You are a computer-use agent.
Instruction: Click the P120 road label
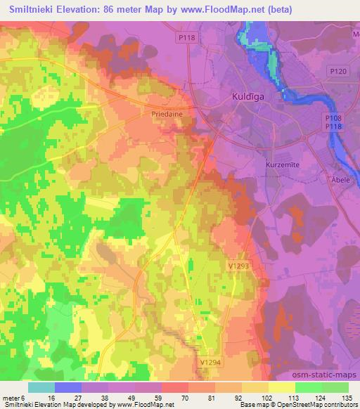pyautogui.click(x=338, y=71)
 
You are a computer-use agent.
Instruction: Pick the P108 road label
pyautogui.click(x=335, y=118)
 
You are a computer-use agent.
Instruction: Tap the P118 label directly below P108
pyautogui.click(x=335, y=126)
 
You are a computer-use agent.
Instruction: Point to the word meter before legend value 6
pyautogui.click(x=13, y=399)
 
